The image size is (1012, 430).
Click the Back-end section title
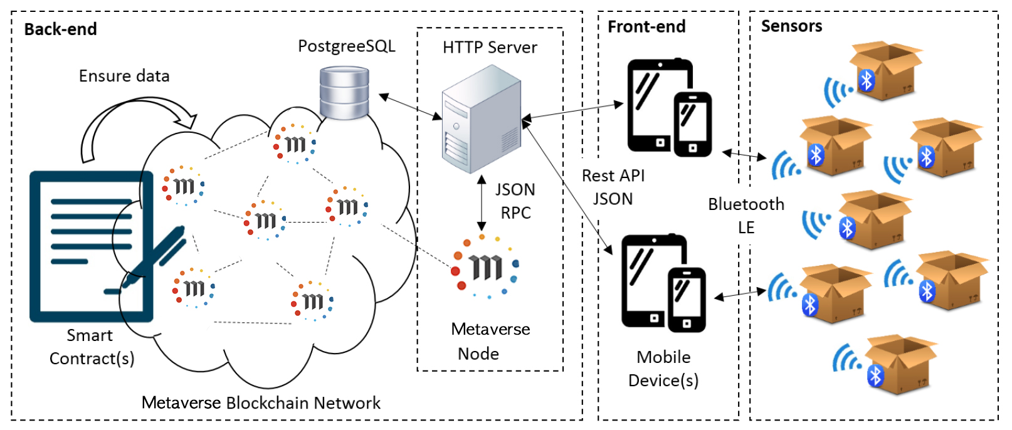(x=60, y=29)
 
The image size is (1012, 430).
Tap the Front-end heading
(x=646, y=26)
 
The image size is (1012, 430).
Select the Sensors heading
(x=791, y=26)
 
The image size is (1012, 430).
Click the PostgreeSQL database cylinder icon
(x=344, y=93)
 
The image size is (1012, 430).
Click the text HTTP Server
(x=490, y=48)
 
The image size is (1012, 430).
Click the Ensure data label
(x=124, y=76)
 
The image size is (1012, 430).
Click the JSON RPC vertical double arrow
(x=482, y=202)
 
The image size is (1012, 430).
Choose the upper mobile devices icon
(x=669, y=107)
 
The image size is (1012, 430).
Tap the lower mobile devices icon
(x=663, y=283)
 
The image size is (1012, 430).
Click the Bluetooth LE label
(x=746, y=216)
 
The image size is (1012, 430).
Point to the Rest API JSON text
(x=613, y=187)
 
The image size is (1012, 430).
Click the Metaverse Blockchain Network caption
(x=261, y=403)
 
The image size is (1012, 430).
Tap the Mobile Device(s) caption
(x=663, y=369)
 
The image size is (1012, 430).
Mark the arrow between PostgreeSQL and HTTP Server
(x=411, y=107)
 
